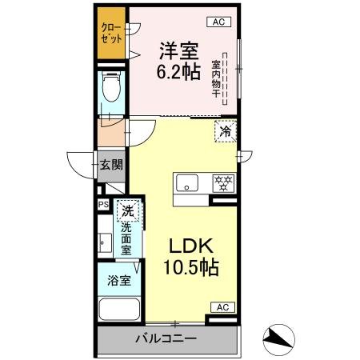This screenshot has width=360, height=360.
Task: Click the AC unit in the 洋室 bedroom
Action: pos(218,22)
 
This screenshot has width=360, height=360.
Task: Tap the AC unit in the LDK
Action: pos(222,307)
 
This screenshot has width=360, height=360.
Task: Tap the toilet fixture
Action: pos(111,92)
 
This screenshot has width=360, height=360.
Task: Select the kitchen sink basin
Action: pos(188,183)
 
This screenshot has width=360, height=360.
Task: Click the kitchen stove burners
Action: pos(223,183)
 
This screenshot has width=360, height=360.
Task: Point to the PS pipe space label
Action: pos(102,205)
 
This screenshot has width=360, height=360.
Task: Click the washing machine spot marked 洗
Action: pos(126,212)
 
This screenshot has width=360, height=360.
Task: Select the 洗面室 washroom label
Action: pos(126,238)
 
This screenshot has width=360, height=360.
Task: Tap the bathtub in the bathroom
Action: pos(118,310)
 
